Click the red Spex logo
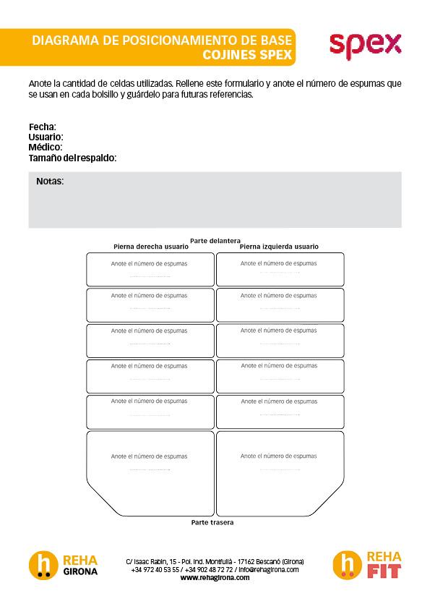[x=365, y=45]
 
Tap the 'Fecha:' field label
[x=42, y=127]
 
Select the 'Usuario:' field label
[x=46, y=137]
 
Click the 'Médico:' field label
[x=45, y=147]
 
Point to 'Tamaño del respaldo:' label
[x=72, y=157]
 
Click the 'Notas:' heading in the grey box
[x=50, y=181]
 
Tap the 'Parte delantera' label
[x=215, y=240]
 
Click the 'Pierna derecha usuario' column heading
[x=150, y=247]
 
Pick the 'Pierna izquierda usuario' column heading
[x=279, y=247]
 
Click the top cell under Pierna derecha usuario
[x=150, y=269]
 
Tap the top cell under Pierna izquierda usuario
[x=280, y=269]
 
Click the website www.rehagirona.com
[x=215, y=578]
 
